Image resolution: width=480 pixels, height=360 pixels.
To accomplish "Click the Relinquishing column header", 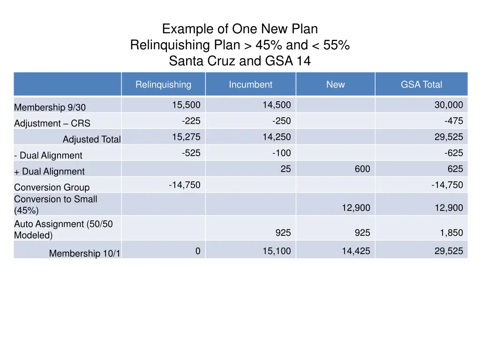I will coord(163,85).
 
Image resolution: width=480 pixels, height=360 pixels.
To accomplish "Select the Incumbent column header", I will coord(250,85).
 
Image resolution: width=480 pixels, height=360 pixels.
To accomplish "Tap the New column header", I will coord(335,85).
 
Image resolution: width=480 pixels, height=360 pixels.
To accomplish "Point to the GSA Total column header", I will coord(421,85).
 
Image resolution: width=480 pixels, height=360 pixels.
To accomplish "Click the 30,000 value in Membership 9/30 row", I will coord(448,105).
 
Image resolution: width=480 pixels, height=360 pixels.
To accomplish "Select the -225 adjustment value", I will coord(191,121).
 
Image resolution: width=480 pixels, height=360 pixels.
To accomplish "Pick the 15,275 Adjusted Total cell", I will coord(186,137).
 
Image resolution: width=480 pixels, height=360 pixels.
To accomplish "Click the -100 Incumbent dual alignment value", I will coord(281,153).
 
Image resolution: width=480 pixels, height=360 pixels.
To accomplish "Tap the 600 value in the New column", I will coord(362,169).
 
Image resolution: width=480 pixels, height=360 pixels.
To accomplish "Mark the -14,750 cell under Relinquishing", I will coord(185,185).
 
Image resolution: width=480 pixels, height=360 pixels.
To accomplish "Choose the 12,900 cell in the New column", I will coord(356,208).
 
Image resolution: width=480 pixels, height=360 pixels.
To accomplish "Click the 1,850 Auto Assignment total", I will coord(451,233).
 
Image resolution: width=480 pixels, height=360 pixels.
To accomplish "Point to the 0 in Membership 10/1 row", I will coord(198,251).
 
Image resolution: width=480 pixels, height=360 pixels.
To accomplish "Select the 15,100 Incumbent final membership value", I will coord(277,251).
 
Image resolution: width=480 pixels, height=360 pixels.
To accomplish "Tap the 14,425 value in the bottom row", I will coord(356,251).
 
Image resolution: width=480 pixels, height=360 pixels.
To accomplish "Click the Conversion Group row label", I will coord(52,187).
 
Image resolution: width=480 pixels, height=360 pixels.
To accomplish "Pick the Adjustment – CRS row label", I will coord(52,124).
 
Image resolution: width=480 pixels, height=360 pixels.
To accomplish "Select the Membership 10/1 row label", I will coord(84,254).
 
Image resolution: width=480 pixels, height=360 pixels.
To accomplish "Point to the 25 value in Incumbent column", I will coord(285,169).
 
